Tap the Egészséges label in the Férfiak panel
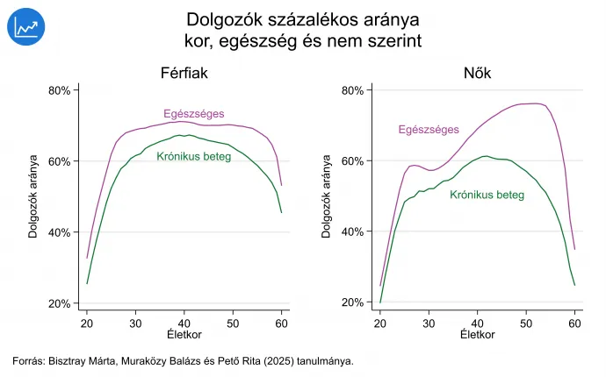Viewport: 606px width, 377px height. [194, 113]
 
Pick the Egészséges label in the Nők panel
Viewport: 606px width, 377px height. [429, 130]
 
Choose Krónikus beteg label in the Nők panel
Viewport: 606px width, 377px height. [487, 195]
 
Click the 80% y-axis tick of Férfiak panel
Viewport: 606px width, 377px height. [59, 90]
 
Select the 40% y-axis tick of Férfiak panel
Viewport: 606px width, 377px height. [59, 232]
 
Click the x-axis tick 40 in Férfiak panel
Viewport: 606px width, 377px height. [184, 324]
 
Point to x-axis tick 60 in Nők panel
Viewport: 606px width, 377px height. [574, 324]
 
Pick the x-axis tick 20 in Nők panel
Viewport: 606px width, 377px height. [380, 324]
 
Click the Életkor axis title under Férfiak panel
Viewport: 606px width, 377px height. [184, 336]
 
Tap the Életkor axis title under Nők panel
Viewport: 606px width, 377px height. [477, 336]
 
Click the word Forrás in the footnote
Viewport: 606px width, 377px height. [29, 360]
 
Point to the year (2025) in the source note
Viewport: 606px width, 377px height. [278, 360]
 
